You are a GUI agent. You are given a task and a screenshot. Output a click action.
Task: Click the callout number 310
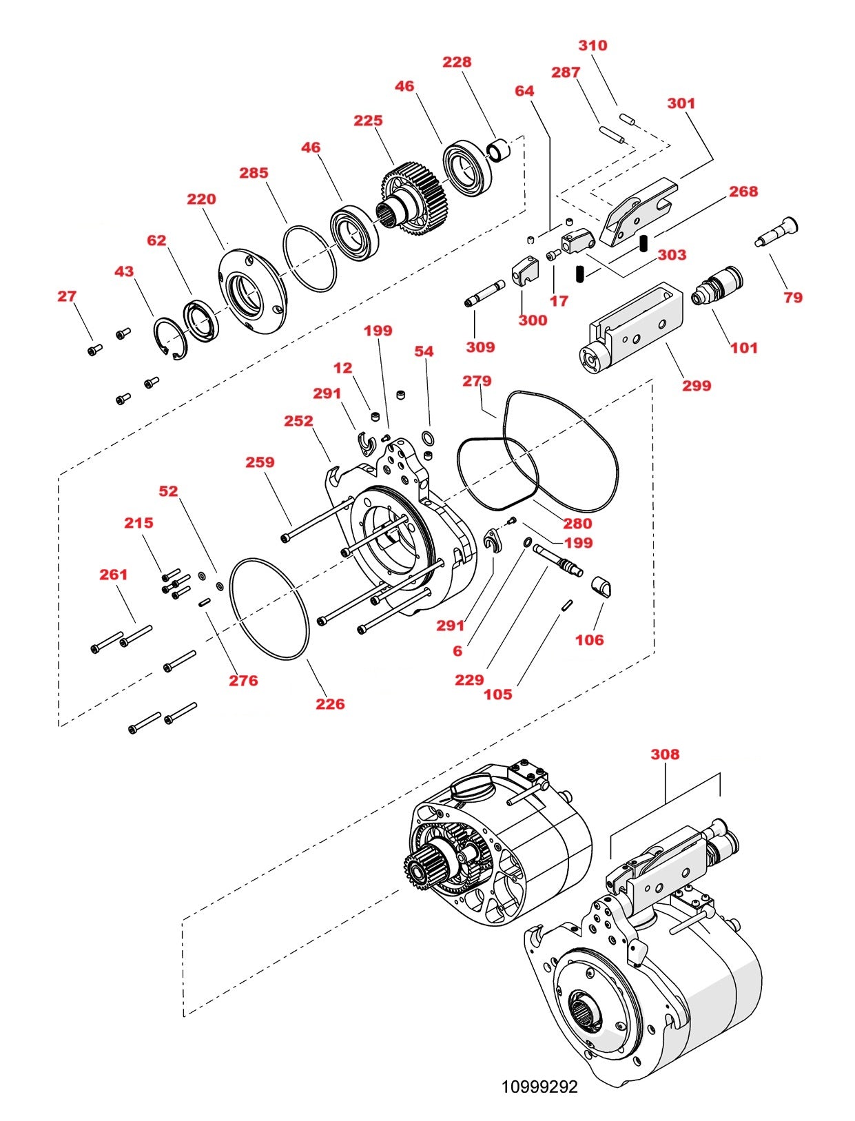(593, 45)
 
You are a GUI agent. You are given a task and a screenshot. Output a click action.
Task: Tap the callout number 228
(457, 62)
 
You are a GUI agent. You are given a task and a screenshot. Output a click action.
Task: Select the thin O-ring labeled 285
(309, 258)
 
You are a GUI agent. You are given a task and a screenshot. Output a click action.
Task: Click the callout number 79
(793, 298)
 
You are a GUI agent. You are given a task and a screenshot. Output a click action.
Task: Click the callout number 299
(697, 386)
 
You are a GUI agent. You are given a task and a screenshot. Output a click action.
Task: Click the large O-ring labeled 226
(269, 608)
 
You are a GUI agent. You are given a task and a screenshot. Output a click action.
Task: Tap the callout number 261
(114, 575)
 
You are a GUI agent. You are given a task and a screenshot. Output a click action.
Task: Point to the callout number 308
(665, 754)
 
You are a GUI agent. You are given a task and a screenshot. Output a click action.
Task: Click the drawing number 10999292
(539, 1087)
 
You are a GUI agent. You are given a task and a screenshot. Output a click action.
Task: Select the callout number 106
(589, 640)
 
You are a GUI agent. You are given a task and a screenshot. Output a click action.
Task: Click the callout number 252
(298, 421)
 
